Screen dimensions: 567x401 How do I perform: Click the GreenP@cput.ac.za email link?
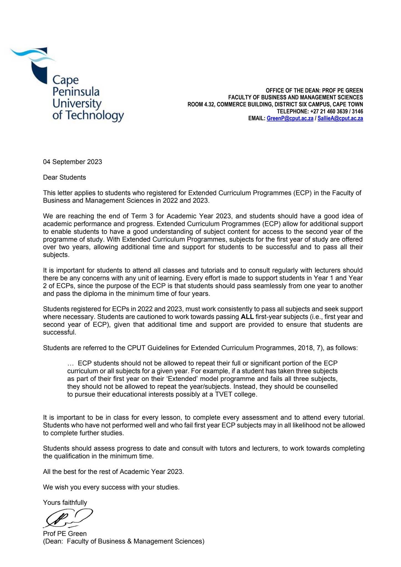click(290, 118)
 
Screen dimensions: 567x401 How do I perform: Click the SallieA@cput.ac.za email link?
click(340, 118)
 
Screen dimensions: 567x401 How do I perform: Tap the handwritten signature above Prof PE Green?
click(68, 518)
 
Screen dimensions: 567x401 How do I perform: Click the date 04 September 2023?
click(72, 162)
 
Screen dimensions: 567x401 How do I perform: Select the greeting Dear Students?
click(64, 177)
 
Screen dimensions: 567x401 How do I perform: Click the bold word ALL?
click(247, 317)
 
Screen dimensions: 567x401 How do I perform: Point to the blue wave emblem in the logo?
click(32, 56)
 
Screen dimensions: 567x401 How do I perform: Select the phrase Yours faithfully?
click(65, 502)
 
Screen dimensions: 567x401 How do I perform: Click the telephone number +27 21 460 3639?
click(329, 112)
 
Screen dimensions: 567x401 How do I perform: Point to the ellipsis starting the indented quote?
click(71, 363)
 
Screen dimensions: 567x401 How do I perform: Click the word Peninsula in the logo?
click(76, 92)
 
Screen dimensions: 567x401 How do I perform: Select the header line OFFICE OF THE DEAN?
click(314, 91)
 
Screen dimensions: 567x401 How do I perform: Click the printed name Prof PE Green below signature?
click(65, 534)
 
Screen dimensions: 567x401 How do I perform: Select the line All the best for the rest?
click(113, 471)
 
